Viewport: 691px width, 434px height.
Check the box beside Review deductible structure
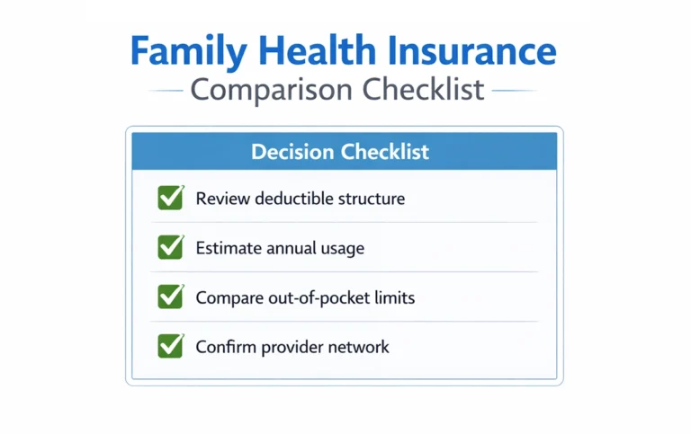(x=169, y=198)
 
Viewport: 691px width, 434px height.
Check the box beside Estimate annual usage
(x=169, y=247)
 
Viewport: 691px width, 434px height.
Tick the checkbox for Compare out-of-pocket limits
(x=169, y=297)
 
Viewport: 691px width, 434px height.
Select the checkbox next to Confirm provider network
(x=169, y=346)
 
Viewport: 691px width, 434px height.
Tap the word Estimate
(x=229, y=248)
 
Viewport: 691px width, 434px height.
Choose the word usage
(x=342, y=249)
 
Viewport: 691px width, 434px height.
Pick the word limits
(x=395, y=297)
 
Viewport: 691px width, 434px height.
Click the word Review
(x=221, y=199)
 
